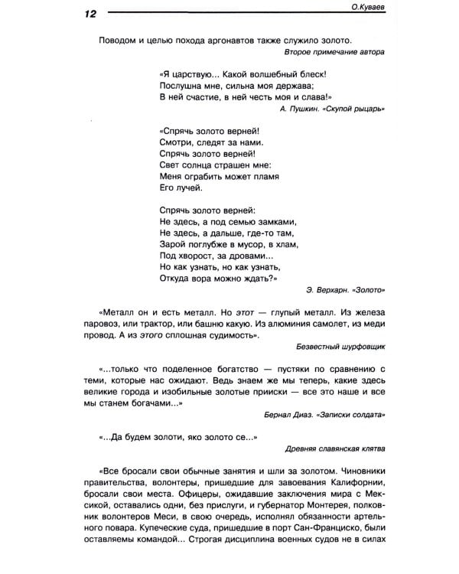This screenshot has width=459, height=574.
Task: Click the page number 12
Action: tap(82, 15)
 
